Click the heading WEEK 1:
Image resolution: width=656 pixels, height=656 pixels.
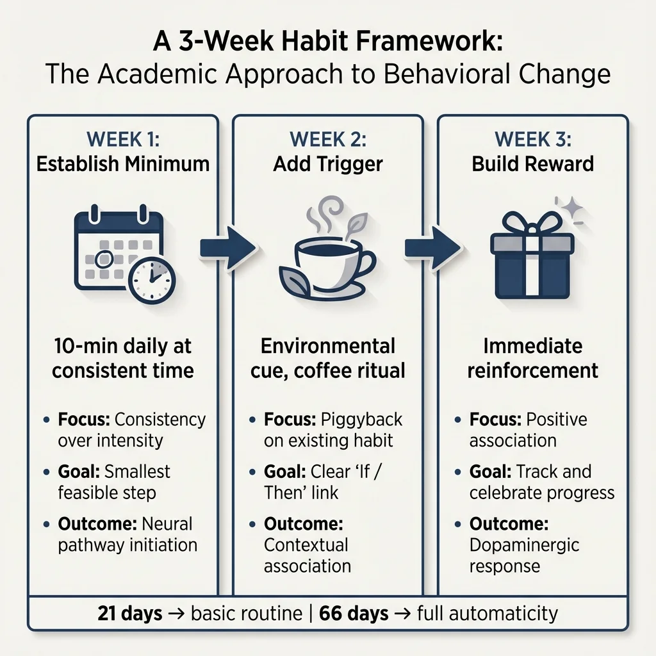[122, 139]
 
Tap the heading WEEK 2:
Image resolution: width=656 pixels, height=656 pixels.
[327, 139]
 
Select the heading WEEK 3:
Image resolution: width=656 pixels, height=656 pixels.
[532, 139]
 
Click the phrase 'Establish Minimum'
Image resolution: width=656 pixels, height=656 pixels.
[122, 163]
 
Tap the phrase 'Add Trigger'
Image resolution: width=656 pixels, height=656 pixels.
[327, 163]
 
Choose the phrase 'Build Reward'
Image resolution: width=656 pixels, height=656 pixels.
[532, 163]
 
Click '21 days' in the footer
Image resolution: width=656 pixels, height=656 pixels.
[129, 613]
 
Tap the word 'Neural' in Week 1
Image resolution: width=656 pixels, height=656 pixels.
[167, 523]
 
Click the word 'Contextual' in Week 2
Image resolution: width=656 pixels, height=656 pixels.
[306, 545]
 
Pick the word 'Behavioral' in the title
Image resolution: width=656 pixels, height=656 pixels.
[454, 75]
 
